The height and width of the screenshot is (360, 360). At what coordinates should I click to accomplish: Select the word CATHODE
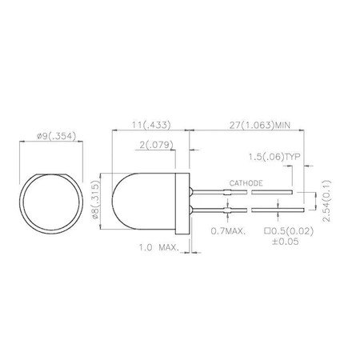coord(246,183)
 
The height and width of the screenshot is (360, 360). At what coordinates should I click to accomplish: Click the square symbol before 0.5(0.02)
coord(266,231)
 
